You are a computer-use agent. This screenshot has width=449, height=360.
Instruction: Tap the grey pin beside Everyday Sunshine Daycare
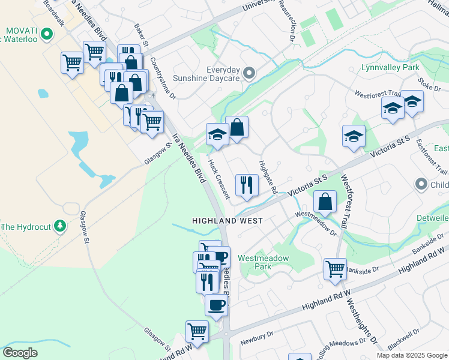pyautogui.click(x=252, y=74)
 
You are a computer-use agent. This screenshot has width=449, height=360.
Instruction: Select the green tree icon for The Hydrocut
pyautogui.click(x=59, y=226)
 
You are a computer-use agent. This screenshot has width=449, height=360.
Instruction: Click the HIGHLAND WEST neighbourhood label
pyautogui.click(x=227, y=221)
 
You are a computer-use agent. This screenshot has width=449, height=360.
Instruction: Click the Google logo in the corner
pyautogui.click(x=20, y=353)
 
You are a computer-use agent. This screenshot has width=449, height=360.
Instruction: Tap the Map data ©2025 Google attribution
pyautogui.click(x=412, y=355)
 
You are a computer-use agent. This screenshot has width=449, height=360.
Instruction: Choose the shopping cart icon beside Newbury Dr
pyautogui.click(x=197, y=331)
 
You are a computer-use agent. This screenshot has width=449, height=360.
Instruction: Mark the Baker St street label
pyautogui.click(x=141, y=32)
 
